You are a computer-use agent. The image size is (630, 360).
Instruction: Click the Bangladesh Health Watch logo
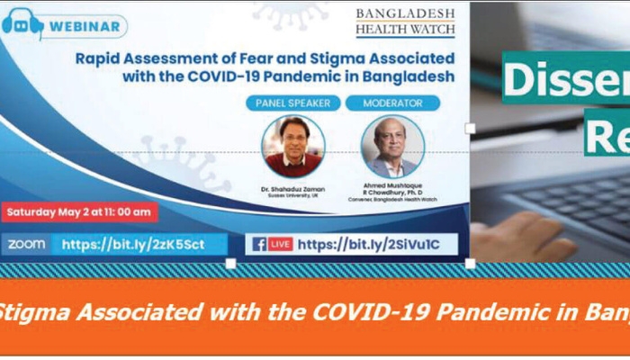[405, 22]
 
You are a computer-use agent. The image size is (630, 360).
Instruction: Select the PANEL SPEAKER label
[293, 103]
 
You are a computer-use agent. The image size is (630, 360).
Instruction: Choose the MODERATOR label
[392, 103]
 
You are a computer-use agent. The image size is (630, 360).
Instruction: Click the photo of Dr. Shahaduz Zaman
[293, 146]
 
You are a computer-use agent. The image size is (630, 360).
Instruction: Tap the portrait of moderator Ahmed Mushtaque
[392, 146]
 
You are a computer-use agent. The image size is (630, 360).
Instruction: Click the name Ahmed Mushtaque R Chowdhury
[392, 191]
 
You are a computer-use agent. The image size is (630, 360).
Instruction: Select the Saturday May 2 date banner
[79, 212]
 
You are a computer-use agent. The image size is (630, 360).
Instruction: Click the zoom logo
[27, 244]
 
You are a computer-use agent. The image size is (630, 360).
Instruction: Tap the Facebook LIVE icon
[271, 244]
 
